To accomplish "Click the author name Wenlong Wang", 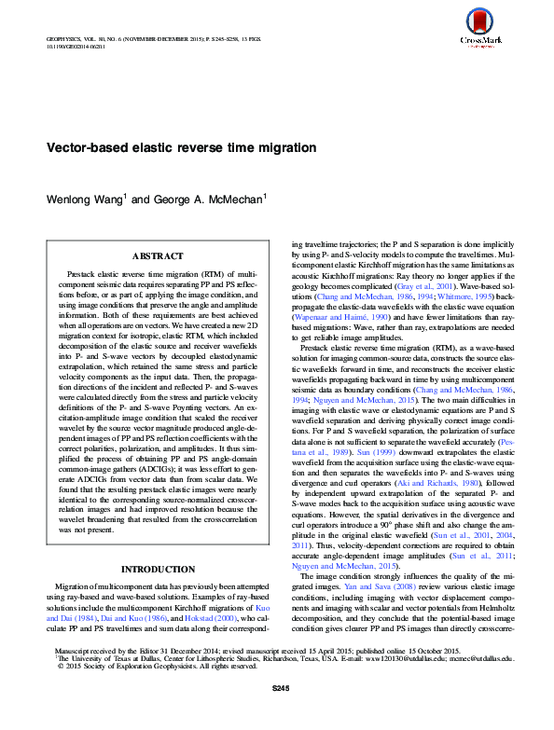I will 86,199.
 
